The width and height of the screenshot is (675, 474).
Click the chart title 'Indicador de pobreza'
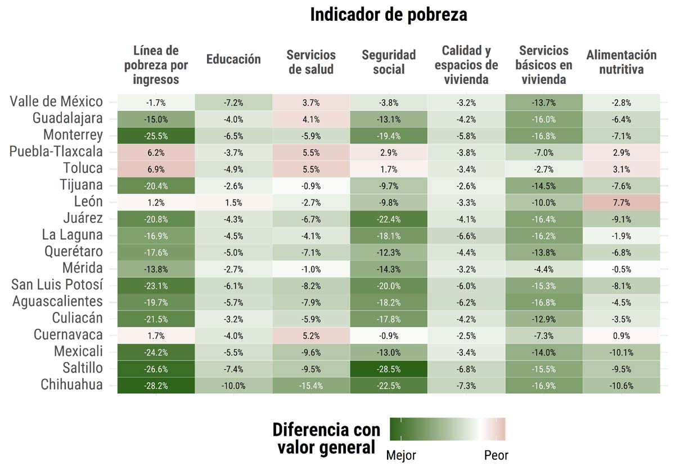[x=388, y=15]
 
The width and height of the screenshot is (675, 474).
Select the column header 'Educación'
[x=233, y=60]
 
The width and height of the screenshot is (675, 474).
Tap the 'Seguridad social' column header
[x=389, y=62]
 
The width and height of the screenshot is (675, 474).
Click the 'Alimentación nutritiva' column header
[x=621, y=62]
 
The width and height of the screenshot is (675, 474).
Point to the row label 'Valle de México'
[x=56, y=102]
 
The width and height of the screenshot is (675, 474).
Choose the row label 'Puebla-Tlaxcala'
[x=56, y=152]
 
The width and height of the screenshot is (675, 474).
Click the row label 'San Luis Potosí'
[x=57, y=285]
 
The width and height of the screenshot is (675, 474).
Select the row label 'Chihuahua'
[x=71, y=385]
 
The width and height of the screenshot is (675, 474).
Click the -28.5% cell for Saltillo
[x=389, y=369]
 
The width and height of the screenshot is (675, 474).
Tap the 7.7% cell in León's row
[x=621, y=203]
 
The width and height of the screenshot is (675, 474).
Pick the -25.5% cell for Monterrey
[x=156, y=136]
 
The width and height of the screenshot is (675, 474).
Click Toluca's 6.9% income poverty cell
[x=156, y=169]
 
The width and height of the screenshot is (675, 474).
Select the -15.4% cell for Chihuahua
[x=311, y=386]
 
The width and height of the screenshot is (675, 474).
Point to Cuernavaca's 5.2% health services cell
[x=311, y=336]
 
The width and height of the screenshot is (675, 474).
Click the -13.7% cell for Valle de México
[x=544, y=102]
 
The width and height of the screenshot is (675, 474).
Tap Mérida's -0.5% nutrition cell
[x=621, y=269]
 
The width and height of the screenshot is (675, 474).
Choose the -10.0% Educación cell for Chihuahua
[x=233, y=386]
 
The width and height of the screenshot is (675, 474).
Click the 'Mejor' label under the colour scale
[x=400, y=455]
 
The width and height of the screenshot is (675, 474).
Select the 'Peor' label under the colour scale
[x=496, y=455]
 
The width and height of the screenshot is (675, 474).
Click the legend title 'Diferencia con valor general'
[x=326, y=439]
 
